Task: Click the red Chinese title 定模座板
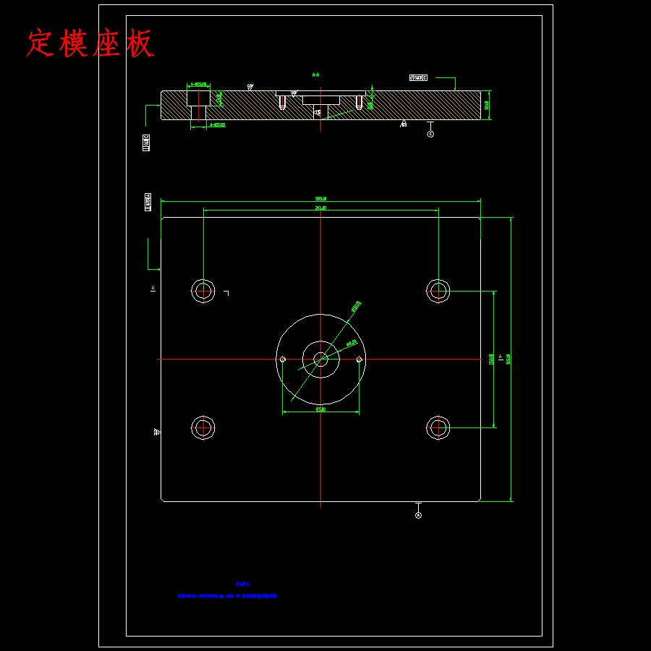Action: [x=90, y=43]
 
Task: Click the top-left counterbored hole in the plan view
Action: [x=203, y=291]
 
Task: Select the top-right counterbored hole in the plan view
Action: [x=438, y=291]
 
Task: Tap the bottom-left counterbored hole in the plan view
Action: [x=203, y=428]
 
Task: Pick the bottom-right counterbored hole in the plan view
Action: [x=438, y=428]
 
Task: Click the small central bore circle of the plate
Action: [x=320, y=359]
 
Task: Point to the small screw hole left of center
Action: [x=283, y=359]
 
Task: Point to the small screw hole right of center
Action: [x=359, y=359]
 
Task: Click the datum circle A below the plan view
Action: [x=418, y=515]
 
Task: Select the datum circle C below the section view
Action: [x=430, y=134]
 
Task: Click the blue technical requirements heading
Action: [x=242, y=584]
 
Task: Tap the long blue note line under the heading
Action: [x=227, y=597]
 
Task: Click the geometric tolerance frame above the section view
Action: [x=418, y=77]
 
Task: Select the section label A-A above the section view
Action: [x=315, y=75]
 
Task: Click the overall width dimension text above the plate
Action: [x=320, y=198]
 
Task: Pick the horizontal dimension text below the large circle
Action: [x=320, y=409]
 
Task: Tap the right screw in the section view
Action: [x=359, y=103]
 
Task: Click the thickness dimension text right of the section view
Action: [x=488, y=105]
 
